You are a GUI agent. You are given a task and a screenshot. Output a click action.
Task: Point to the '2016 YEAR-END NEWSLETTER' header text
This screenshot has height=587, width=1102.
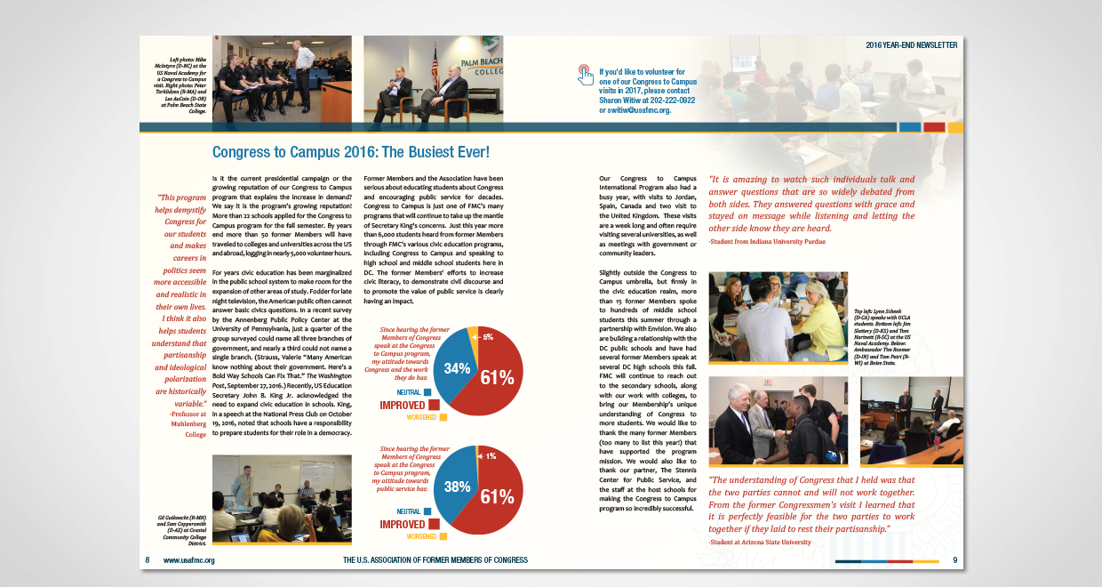click(911, 44)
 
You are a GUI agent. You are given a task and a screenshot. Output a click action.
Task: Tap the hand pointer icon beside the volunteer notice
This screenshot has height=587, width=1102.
click(585, 74)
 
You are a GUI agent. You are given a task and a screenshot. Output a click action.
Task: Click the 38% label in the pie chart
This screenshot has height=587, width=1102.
click(457, 486)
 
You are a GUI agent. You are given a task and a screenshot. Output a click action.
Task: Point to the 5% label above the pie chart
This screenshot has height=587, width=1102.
click(489, 337)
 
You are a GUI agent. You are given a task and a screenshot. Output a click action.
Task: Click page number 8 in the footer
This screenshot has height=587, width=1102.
click(148, 560)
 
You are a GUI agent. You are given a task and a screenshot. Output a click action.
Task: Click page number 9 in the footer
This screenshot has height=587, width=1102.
click(954, 560)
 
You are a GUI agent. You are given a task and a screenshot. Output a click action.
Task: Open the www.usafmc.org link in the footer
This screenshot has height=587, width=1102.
click(189, 560)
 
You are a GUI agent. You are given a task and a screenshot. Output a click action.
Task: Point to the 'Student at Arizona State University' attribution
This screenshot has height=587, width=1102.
click(759, 542)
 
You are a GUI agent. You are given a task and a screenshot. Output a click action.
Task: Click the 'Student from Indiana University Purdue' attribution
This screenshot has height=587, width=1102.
click(767, 241)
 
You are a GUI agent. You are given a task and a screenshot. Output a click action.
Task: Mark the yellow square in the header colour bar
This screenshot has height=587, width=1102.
click(955, 127)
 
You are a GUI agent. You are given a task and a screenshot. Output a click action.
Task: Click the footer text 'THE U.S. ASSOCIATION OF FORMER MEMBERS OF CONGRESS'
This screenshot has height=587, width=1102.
click(435, 560)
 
